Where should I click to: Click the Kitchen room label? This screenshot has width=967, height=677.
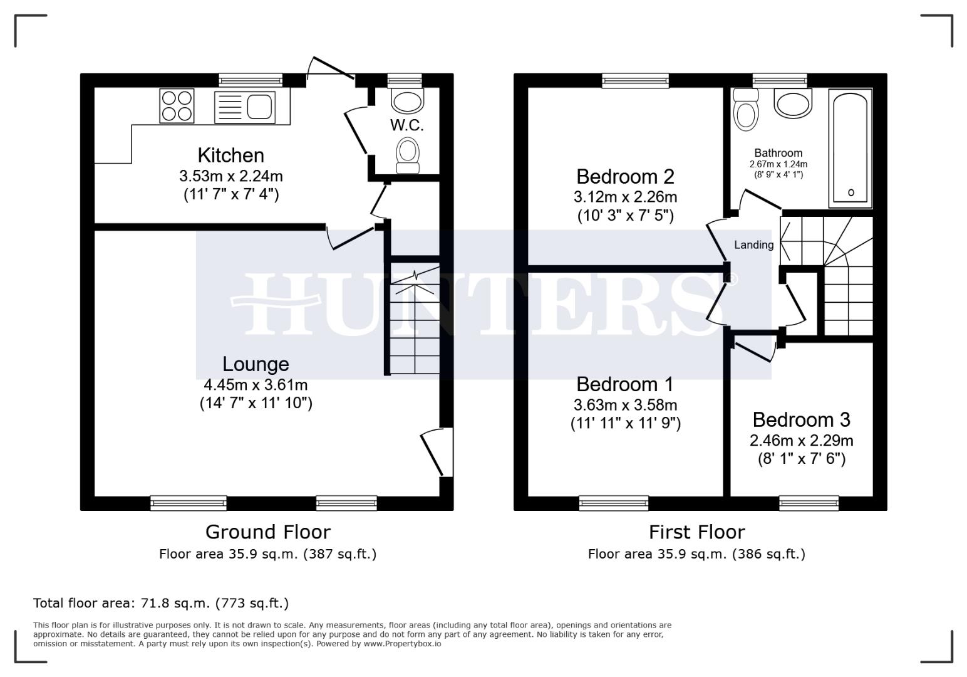(230, 155)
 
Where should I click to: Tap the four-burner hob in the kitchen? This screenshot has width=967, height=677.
(177, 105)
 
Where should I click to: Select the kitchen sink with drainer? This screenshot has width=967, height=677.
(244, 106)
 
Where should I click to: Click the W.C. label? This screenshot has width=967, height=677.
(406, 125)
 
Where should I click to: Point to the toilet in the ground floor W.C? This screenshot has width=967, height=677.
(408, 154)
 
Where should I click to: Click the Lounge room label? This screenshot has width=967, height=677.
(256, 364)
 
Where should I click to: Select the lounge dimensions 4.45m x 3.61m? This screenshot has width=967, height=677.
(256, 384)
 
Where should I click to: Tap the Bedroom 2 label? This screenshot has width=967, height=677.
(625, 176)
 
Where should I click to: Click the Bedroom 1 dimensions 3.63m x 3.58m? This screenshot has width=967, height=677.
(625, 404)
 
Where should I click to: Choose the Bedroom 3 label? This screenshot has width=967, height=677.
(801, 419)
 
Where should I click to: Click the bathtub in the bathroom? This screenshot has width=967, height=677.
(850, 148)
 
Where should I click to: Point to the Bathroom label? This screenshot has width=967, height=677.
(778, 153)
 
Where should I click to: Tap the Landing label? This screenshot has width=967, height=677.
(753, 245)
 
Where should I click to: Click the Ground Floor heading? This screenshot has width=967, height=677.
(267, 532)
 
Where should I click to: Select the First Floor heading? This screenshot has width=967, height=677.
(696, 532)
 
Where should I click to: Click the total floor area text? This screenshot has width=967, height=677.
(161, 603)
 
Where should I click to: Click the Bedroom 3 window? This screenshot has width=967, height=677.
(809, 503)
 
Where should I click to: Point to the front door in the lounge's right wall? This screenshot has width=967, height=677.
(438, 453)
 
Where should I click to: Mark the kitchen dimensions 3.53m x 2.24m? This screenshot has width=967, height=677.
(230, 176)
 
